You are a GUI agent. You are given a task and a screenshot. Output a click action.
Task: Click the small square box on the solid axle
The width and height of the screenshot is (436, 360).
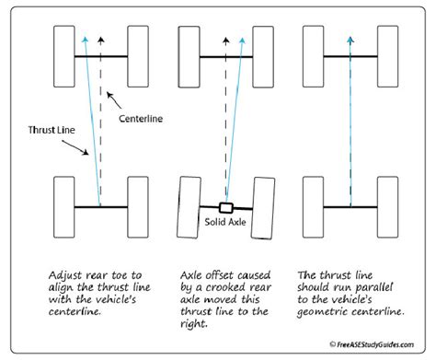(225, 206)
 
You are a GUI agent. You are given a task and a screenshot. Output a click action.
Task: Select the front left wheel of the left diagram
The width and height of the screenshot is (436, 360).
(64, 56)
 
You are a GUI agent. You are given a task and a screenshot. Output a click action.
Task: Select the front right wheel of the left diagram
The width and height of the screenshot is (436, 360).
(137, 56)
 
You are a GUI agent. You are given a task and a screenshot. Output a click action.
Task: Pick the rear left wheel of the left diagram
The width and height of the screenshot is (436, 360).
(64, 205)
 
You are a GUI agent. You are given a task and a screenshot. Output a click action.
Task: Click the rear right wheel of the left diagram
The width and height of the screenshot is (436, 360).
(137, 205)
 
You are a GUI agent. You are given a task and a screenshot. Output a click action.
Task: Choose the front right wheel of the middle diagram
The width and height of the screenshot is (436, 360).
(262, 56)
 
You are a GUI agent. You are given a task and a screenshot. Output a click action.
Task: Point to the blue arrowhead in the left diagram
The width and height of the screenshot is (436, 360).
(85, 40)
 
